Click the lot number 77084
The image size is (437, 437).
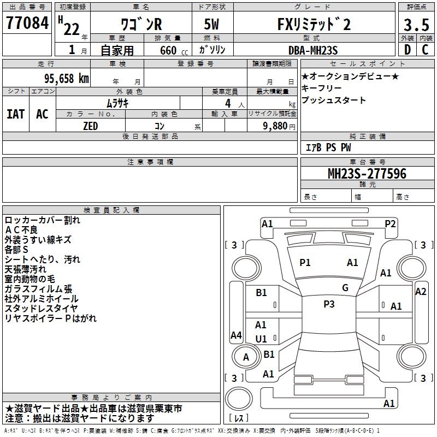pos(27,23)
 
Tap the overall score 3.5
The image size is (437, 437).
pos(416,25)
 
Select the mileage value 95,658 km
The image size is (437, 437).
pos(66,79)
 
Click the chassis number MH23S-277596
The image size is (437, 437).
pos(367,174)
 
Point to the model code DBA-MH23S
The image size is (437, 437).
pos(313,50)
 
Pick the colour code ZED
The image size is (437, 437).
pos(90,126)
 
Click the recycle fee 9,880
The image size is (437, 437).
pos(275,126)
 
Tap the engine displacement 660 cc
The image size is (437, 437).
pos(174,51)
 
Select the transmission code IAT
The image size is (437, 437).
pos(16,114)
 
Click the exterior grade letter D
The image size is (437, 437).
pos(408,50)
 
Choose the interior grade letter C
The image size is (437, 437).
pos(425,50)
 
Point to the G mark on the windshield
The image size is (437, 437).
pos(345,288)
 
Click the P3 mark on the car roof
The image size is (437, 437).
pos(329,304)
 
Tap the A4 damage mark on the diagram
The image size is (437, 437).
pos(236,335)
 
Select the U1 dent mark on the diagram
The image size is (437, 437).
pos(261,339)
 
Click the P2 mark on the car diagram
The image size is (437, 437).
pos(390,224)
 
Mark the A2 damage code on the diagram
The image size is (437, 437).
pos(421,292)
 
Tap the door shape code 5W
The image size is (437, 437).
pos(211,24)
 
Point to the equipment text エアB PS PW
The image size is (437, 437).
pos(328,147)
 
